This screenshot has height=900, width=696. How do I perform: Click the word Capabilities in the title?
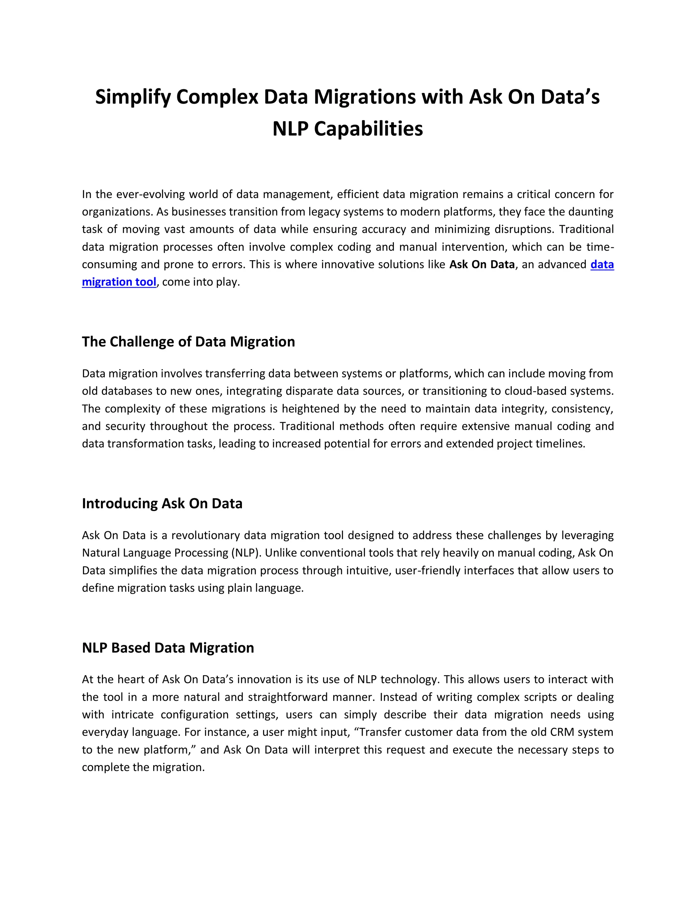click(x=368, y=129)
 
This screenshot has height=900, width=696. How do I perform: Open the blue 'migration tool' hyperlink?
click(x=119, y=282)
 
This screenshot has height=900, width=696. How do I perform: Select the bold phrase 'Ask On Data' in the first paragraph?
click(x=482, y=265)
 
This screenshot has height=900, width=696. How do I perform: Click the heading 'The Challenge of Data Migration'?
click(x=188, y=342)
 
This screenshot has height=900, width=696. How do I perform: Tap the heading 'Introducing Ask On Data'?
click(x=162, y=504)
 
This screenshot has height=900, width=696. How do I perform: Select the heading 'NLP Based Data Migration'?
click(x=168, y=648)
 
